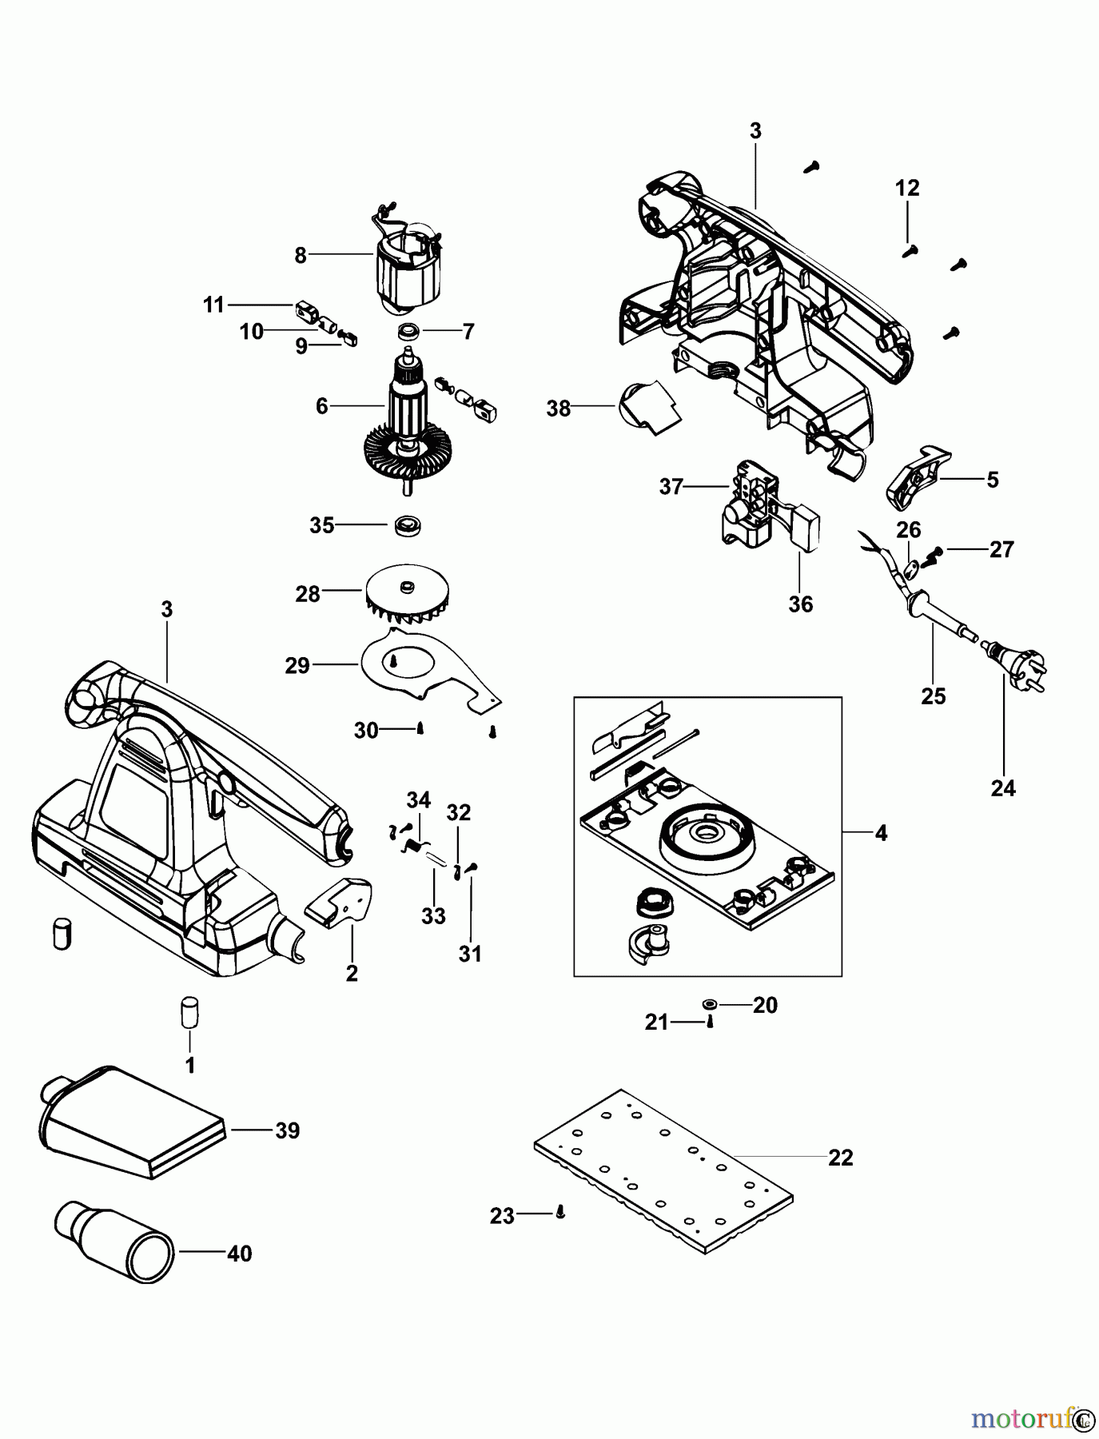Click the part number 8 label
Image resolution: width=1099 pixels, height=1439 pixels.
(301, 255)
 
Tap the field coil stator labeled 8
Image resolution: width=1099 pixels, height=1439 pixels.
(407, 268)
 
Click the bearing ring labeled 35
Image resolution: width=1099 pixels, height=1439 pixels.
(408, 526)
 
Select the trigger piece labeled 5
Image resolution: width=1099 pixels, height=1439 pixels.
(916, 477)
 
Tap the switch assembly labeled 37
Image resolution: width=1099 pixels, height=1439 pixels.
(748, 504)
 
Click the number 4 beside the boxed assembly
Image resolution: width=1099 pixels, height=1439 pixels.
(881, 833)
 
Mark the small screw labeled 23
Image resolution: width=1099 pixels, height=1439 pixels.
(560, 1214)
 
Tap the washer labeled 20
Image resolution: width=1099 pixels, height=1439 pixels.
(710, 1004)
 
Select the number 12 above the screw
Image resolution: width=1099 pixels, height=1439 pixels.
(907, 189)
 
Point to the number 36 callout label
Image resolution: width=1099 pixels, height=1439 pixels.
(800, 604)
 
